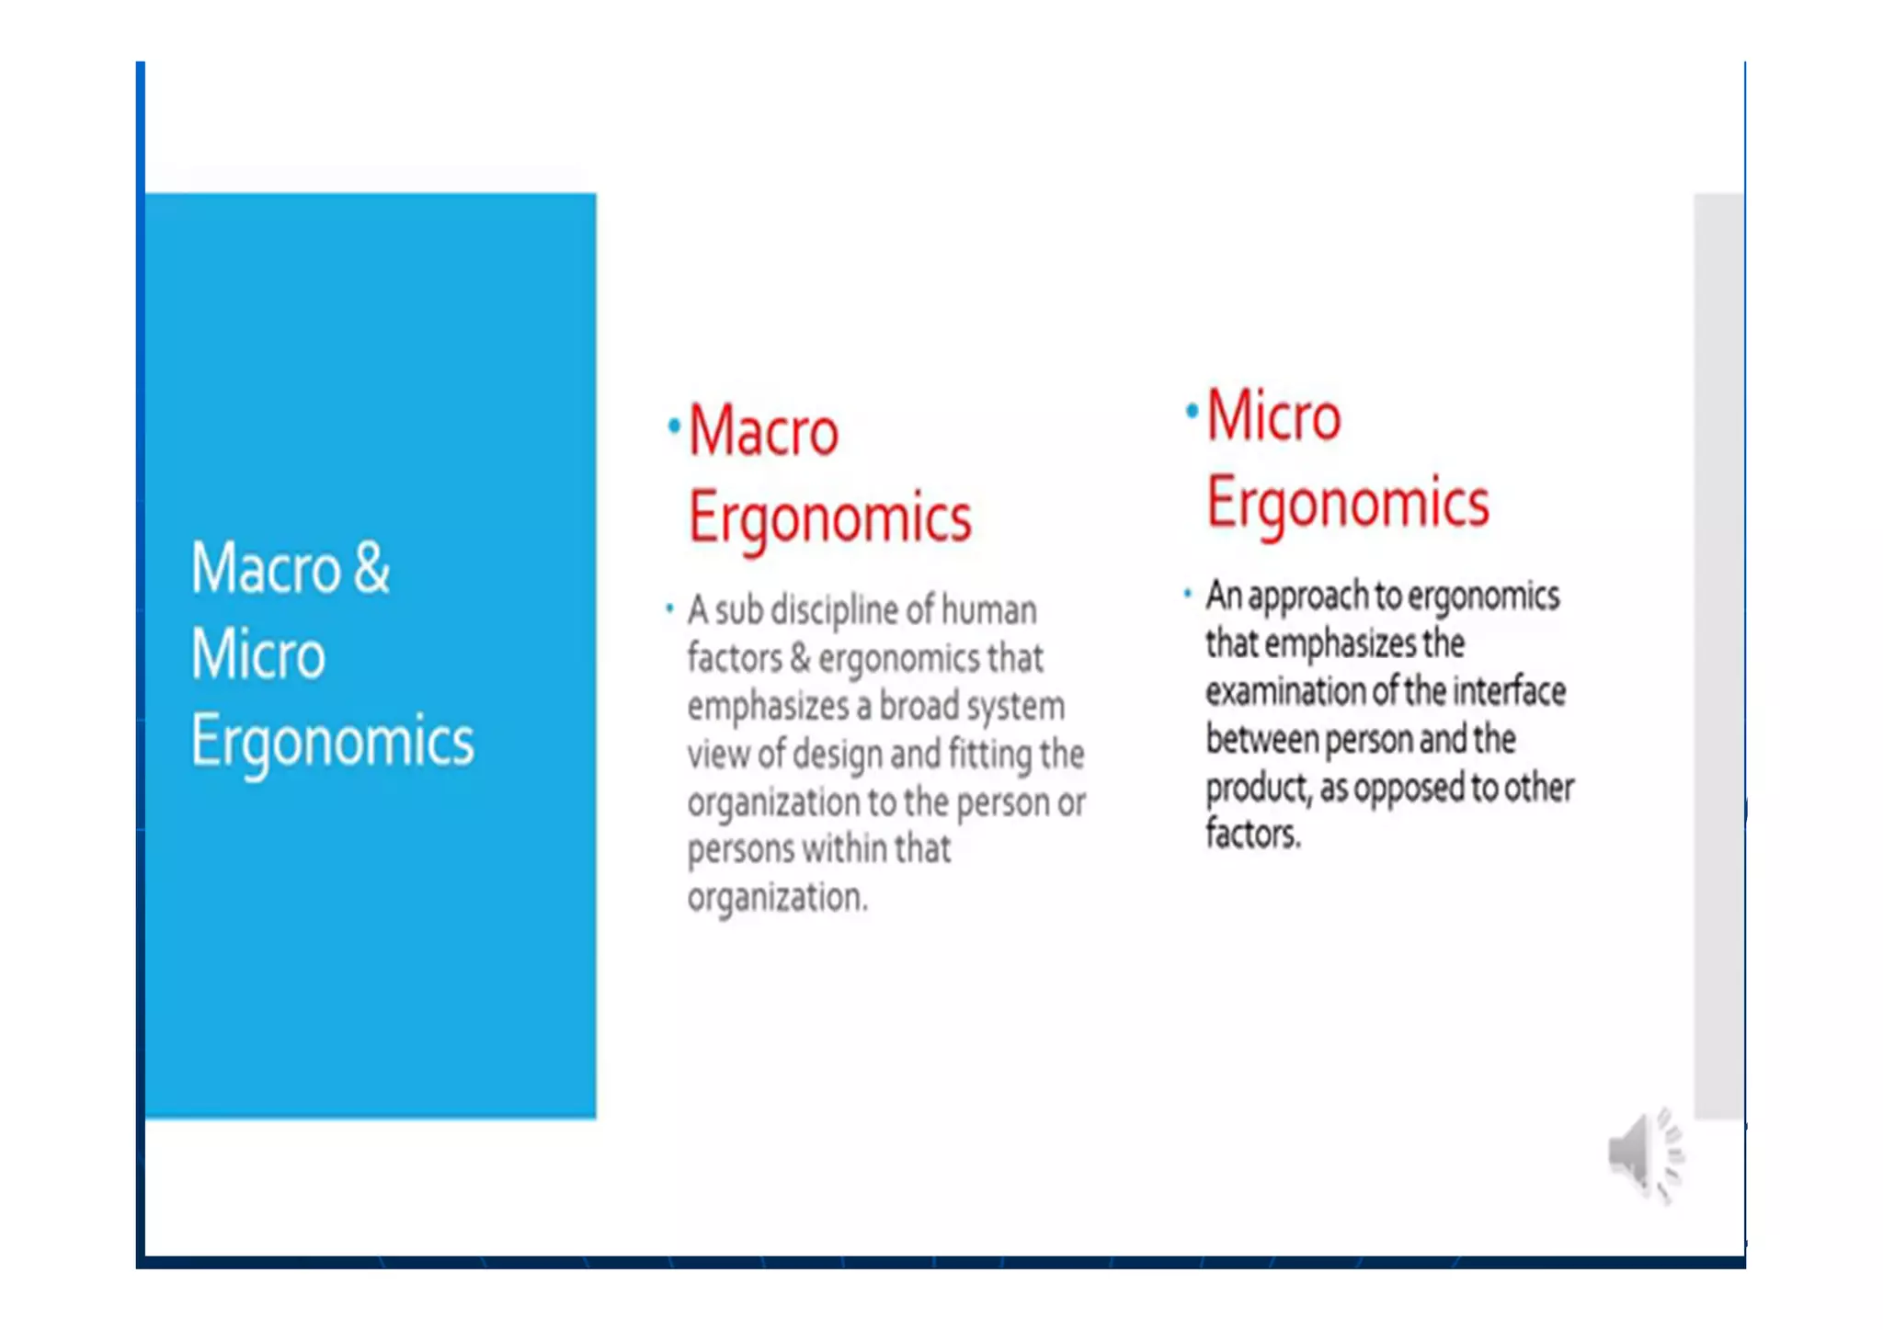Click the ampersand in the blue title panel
pyautogui.click(x=371, y=568)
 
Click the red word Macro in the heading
pyautogui.click(x=763, y=431)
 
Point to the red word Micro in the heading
pyautogui.click(x=1273, y=416)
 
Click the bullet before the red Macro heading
pyautogui.click(x=674, y=426)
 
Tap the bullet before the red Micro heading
pyautogui.click(x=1192, y=411)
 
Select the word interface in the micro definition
pyautogui.click(x=1509, y=691)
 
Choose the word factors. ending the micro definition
pyautogui.click(x=1252, y=835)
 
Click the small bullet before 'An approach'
pyautogui.click(x=1188, y=593)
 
